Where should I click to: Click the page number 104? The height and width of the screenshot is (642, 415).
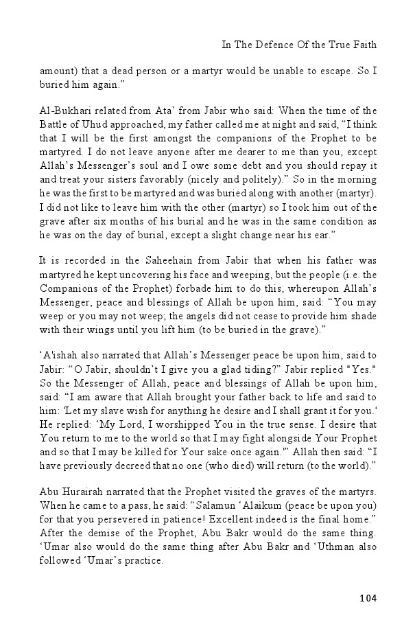click(x=368, y=598)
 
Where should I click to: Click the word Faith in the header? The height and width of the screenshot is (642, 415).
click(x=363, y=45)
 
